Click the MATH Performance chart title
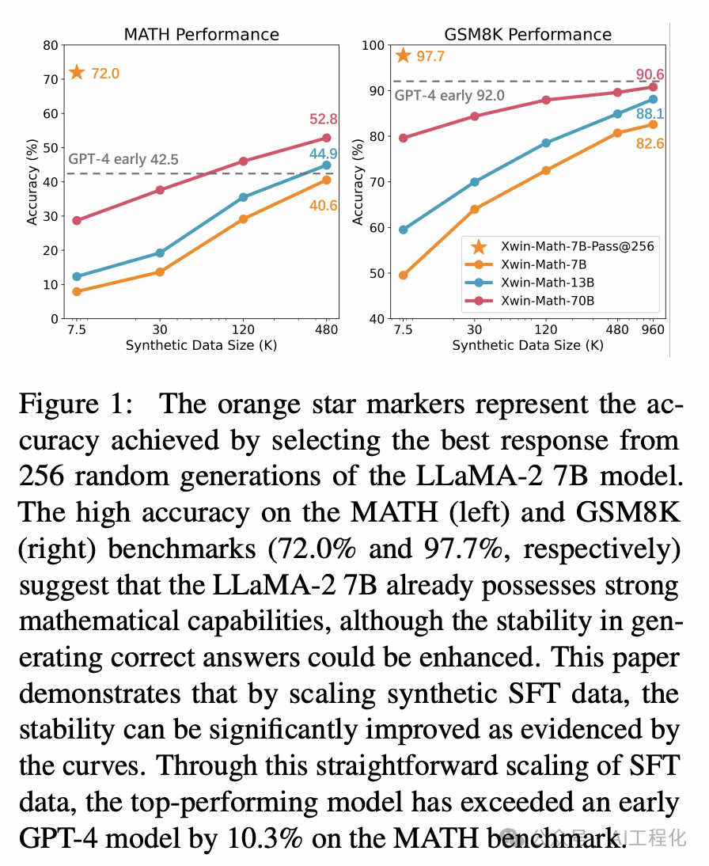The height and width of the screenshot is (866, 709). click(201, 34)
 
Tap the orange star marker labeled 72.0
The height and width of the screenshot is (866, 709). click(77, 73)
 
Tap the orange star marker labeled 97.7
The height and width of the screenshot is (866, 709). click(404, 55)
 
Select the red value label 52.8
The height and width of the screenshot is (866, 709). click(323, 120)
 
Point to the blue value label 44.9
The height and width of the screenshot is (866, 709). click(323, 154)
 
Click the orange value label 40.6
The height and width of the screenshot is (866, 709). click(323, 205)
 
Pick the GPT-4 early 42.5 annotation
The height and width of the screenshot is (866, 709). click(123, 159)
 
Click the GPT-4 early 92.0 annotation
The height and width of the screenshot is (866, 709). click(449, 95)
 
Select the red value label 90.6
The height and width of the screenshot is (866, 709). click(650, 75)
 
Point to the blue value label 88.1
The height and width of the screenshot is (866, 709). click(649, 115)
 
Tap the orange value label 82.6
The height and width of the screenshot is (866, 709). click(649, 144)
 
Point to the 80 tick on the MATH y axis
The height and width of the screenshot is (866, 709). click(51, 45)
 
